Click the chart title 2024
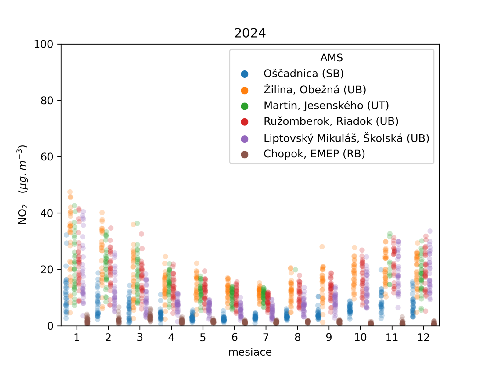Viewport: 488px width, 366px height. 250,33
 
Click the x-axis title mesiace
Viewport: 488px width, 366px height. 250,352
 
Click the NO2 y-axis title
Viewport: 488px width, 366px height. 23,185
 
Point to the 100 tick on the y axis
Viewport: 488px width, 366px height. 43,44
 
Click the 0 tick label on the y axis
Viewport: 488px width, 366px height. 50,326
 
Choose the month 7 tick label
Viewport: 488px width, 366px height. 266,337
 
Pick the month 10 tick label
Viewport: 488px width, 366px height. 360,337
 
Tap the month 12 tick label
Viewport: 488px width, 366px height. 423,337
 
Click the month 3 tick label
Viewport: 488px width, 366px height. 140,337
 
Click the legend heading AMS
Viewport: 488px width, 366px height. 332,58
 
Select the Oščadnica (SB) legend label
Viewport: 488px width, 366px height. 303,74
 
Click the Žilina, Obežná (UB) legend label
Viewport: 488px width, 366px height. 315,90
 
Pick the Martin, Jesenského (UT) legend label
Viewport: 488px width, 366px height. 326,106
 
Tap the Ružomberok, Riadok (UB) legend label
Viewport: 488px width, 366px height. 331,121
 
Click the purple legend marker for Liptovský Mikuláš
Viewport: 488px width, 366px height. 245,139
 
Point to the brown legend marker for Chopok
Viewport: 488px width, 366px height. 245,155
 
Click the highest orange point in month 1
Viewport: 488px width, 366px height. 70,192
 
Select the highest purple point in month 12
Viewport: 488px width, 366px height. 430,231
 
